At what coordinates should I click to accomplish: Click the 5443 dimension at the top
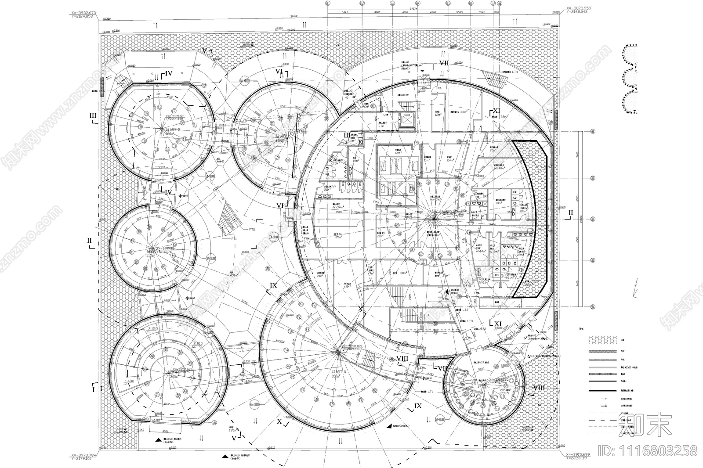click(344, 12)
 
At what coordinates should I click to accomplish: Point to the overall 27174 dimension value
click(413, 8)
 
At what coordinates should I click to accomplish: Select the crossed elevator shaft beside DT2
click(407, 119)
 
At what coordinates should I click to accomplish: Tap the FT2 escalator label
click(252, 229)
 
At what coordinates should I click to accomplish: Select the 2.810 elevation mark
click(197, 343)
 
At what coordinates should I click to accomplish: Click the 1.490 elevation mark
click(129, 382)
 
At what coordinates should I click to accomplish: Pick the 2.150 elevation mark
click(152, 329)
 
